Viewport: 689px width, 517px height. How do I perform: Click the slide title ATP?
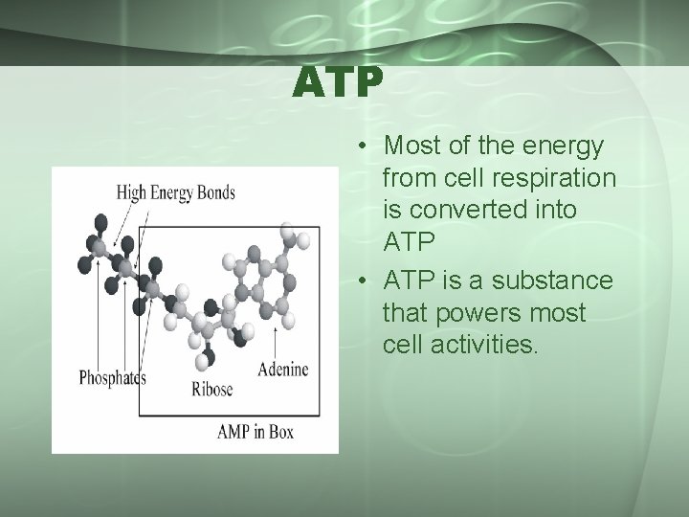tap(339, 83)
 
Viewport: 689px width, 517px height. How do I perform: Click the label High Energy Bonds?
tap(175, 192)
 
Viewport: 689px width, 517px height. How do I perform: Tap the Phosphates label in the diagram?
tap(112, 376)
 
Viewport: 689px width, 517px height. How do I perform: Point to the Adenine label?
tap(284, 369)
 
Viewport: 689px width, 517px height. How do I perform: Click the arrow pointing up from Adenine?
tap(277, 341)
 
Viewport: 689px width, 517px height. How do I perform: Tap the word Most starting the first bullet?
tap(410, 146)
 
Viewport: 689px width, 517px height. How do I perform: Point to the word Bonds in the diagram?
tap(213, 192)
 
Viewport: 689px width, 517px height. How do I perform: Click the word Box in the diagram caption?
tap(278, 432)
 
